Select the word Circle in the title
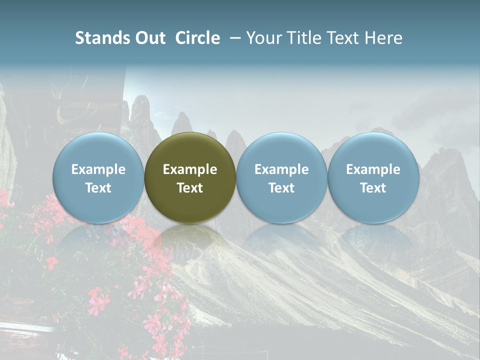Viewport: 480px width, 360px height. pos(197,38)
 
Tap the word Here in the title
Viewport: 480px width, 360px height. pos(383,38)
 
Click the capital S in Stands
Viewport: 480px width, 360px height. pos(80,38)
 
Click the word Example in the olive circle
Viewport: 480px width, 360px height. pos(190,169)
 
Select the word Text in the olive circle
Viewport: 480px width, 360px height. pos(190,188)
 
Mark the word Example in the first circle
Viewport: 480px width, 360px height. pos(98,169)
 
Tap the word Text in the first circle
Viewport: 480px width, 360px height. pos(98,188)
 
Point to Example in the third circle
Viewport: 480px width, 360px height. pos(281,169)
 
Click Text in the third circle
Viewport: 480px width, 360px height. pos(281,188)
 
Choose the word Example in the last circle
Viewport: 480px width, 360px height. pos(373,169)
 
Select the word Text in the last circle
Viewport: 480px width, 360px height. pos(373,188)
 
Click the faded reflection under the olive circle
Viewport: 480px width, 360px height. pos(190,240)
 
